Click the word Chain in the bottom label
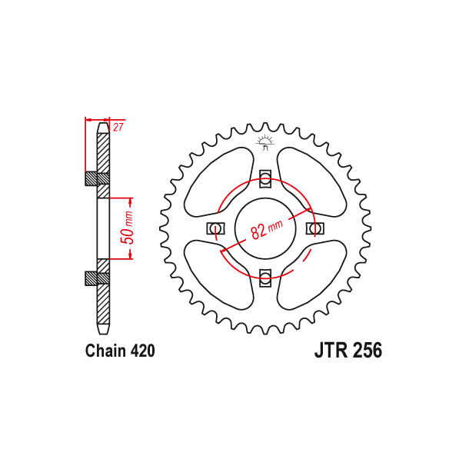tap(105, 351)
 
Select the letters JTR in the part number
tap(331, 351)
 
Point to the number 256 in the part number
tap(367, 351)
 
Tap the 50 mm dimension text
tap(129, 227)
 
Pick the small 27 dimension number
tap(118, 128)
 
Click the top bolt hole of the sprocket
tap(265, 180)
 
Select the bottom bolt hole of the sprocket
tap(265, 276)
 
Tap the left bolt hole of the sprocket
tap(215, 228)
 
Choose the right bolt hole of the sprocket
tap(314, 228)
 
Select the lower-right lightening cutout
tap(310, 274)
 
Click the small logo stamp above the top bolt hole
tap(265, 141)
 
